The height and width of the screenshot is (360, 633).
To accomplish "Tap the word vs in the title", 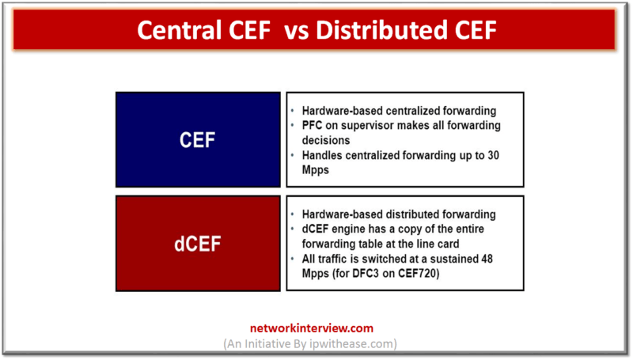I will [x=301, y=29].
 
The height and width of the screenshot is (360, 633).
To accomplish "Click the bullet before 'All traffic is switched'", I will [x=294, y=258].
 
